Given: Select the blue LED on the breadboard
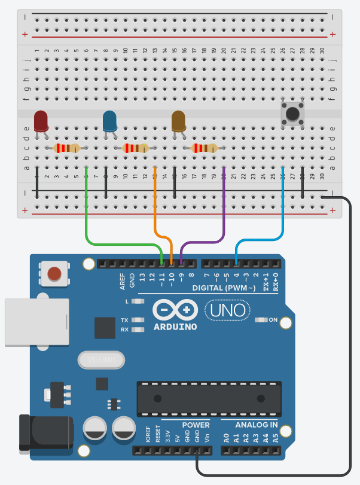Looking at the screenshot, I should coord(110,121).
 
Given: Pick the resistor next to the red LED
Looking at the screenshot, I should coord(66,148).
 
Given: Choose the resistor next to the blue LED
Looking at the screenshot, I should coord(135,148).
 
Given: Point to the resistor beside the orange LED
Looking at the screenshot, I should coord(204,148).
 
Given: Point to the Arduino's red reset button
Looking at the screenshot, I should coord(54,274).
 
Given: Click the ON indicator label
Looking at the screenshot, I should coord(273,320).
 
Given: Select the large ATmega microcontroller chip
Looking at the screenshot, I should coord(209,398).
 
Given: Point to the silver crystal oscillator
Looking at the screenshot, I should coord(102,360).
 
